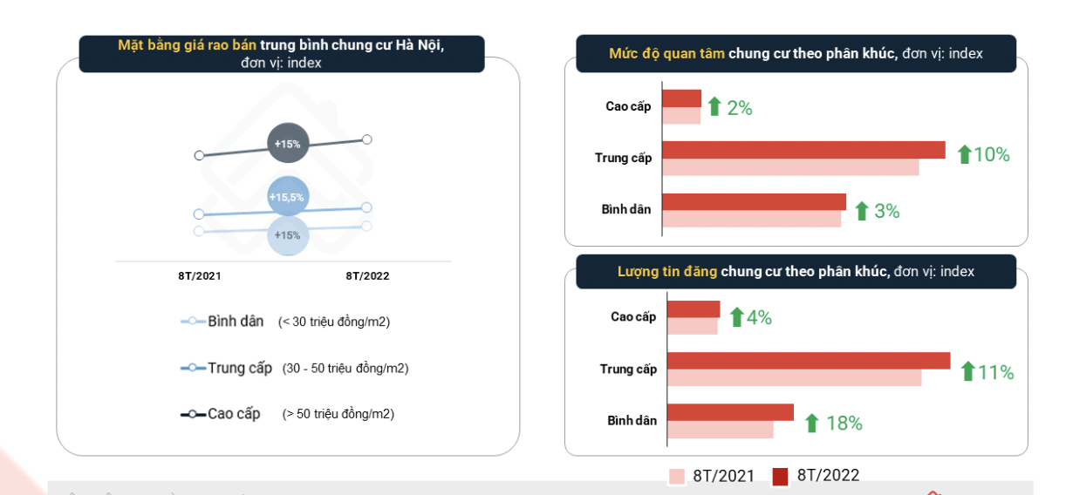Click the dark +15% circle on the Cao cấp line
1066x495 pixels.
288,144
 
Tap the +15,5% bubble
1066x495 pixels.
287,197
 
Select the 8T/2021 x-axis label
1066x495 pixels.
200,276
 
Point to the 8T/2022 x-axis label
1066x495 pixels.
367,276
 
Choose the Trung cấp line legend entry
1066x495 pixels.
227,368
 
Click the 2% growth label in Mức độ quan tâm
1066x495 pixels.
739,108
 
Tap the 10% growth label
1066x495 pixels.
991,155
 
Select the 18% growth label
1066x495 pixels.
844,424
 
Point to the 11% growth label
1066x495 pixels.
995,373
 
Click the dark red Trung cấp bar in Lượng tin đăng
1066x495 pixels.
808,361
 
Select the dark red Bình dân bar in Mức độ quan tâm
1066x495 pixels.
754,201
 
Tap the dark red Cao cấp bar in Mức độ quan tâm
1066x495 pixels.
681,98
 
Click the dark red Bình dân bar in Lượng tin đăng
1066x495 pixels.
730,412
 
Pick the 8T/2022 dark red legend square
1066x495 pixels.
780,477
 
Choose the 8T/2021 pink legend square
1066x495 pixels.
677,477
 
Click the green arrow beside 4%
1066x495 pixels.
736,317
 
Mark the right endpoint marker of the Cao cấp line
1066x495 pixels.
367,139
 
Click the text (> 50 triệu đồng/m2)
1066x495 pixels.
338,414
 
